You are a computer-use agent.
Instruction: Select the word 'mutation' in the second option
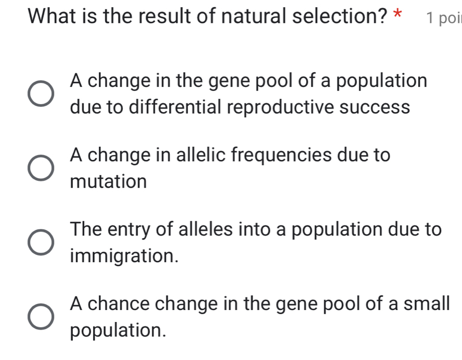pos(108,182)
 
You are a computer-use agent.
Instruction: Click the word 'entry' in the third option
pos(130,229)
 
